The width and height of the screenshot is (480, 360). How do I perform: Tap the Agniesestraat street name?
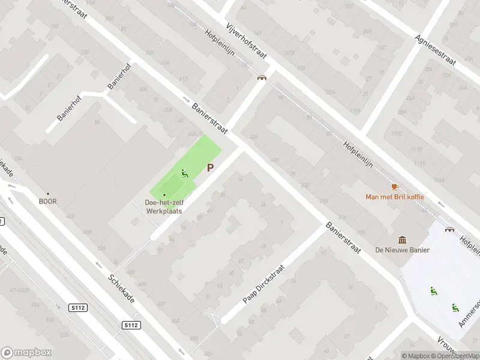(436, 49)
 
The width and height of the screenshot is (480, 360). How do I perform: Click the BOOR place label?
(47, 202)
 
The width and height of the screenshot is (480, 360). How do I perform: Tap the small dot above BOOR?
(47, 193)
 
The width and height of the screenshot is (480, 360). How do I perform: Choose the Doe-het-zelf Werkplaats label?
(164, 207)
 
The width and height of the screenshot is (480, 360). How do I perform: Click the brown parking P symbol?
(210, 169)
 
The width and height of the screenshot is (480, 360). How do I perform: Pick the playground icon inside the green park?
(185, 174)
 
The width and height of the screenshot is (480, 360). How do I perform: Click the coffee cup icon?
(394, 187)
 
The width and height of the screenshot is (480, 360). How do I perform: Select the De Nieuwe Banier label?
(402, 250)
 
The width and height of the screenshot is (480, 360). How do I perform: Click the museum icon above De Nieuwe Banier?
(402, 240)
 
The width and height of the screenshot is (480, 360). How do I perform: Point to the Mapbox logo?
(26, 352)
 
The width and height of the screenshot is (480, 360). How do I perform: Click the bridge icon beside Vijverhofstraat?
(262, 77)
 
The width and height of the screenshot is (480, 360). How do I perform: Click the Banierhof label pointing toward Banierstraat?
(118, 78)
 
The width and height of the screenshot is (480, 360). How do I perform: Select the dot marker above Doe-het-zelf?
(164, 194)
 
